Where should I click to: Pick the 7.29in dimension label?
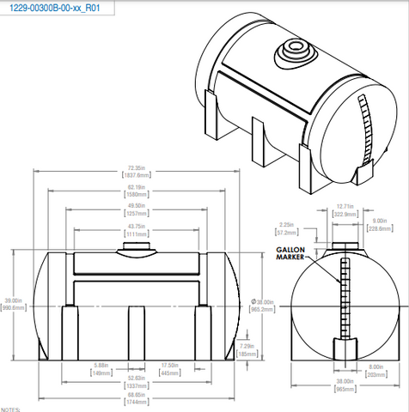point(246,348)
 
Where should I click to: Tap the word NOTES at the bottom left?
point(10,409)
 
